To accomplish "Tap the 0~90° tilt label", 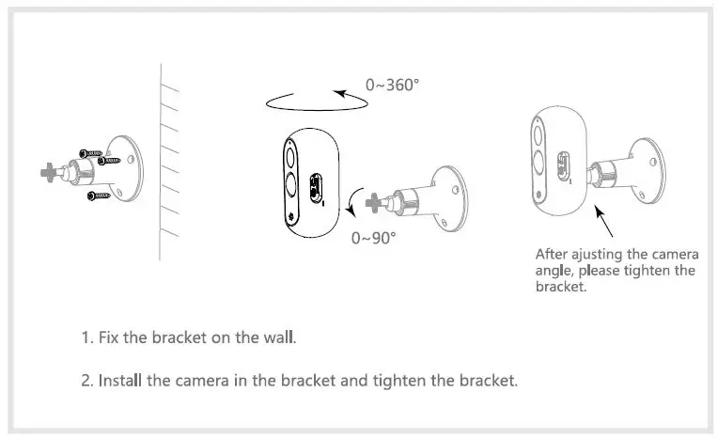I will (x=373, y=237).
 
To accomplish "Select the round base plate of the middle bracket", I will (x=450, y=199).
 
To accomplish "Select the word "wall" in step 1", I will (x=279, y=337).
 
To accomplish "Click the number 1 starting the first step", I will (x=85, y=337).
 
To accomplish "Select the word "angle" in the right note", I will (x=554, y=271).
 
